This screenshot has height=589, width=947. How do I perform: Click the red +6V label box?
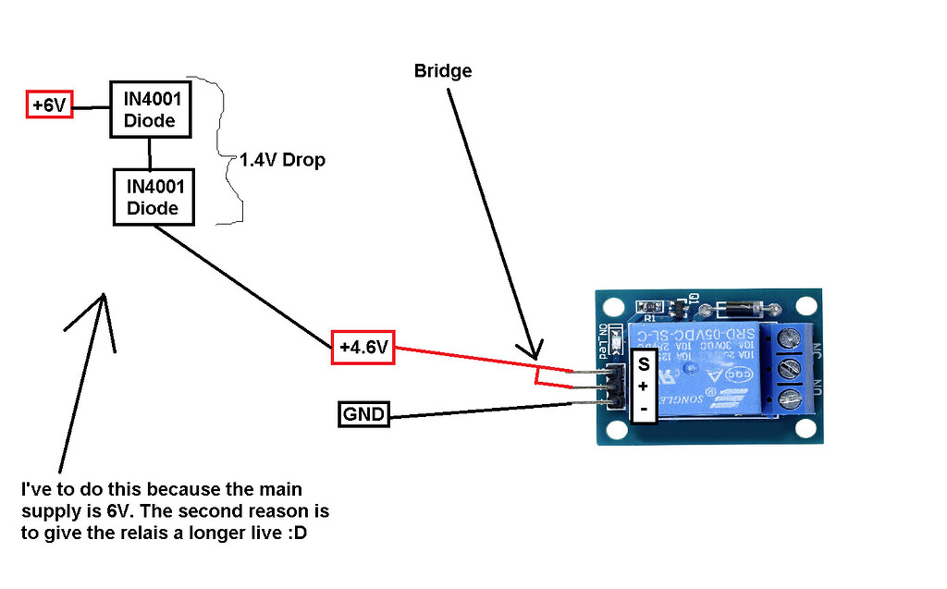[48, 105]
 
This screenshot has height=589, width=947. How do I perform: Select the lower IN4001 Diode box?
[153, 196]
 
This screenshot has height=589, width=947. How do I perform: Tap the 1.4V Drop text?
[282, 160]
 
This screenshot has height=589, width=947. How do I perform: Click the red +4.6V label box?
[363, 348]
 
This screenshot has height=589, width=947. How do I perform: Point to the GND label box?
[363, 414]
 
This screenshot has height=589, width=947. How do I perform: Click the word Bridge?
[443, 71]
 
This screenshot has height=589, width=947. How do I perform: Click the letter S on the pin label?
[643, 364]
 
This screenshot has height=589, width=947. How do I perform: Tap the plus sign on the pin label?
[643, 386]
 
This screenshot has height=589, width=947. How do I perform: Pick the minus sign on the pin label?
[643, 407]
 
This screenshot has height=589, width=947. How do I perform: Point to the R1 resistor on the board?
[650, 307]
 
